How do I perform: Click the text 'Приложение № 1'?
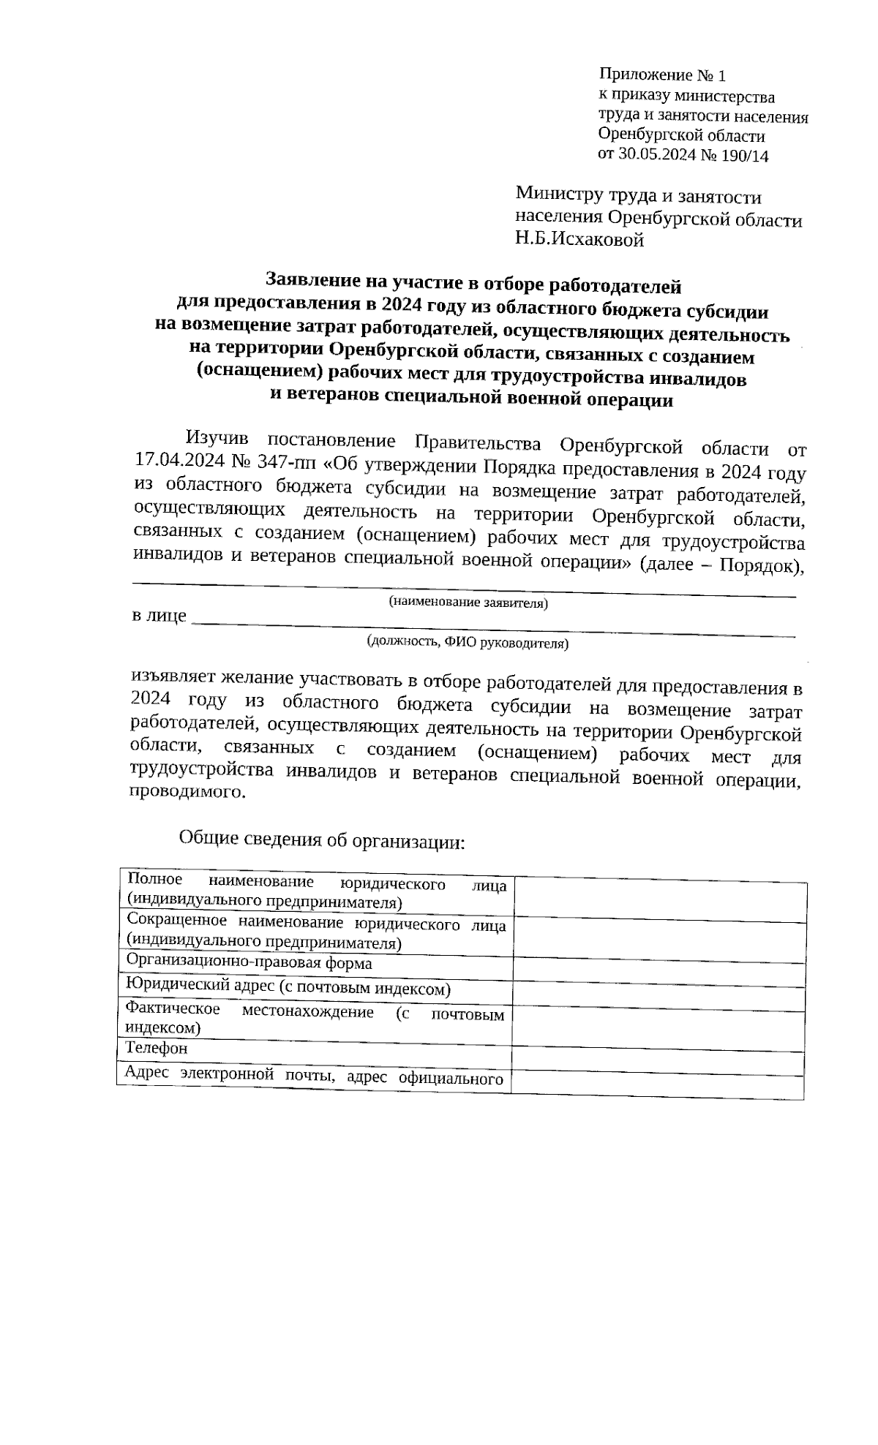point(662,75)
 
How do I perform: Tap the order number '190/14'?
point(744,155)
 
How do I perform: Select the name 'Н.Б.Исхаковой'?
point(579,240)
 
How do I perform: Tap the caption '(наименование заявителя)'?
point(468,603)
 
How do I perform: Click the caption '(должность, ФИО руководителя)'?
point(468,643)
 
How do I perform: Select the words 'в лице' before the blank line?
point(158,616)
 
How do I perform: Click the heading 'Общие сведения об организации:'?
point(322,840)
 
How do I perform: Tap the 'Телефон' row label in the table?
point(157,1048)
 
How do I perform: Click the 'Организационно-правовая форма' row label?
point(249,963)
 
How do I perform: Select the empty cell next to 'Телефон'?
point(657,1059)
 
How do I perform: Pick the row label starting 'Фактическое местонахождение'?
point(315,1018)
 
